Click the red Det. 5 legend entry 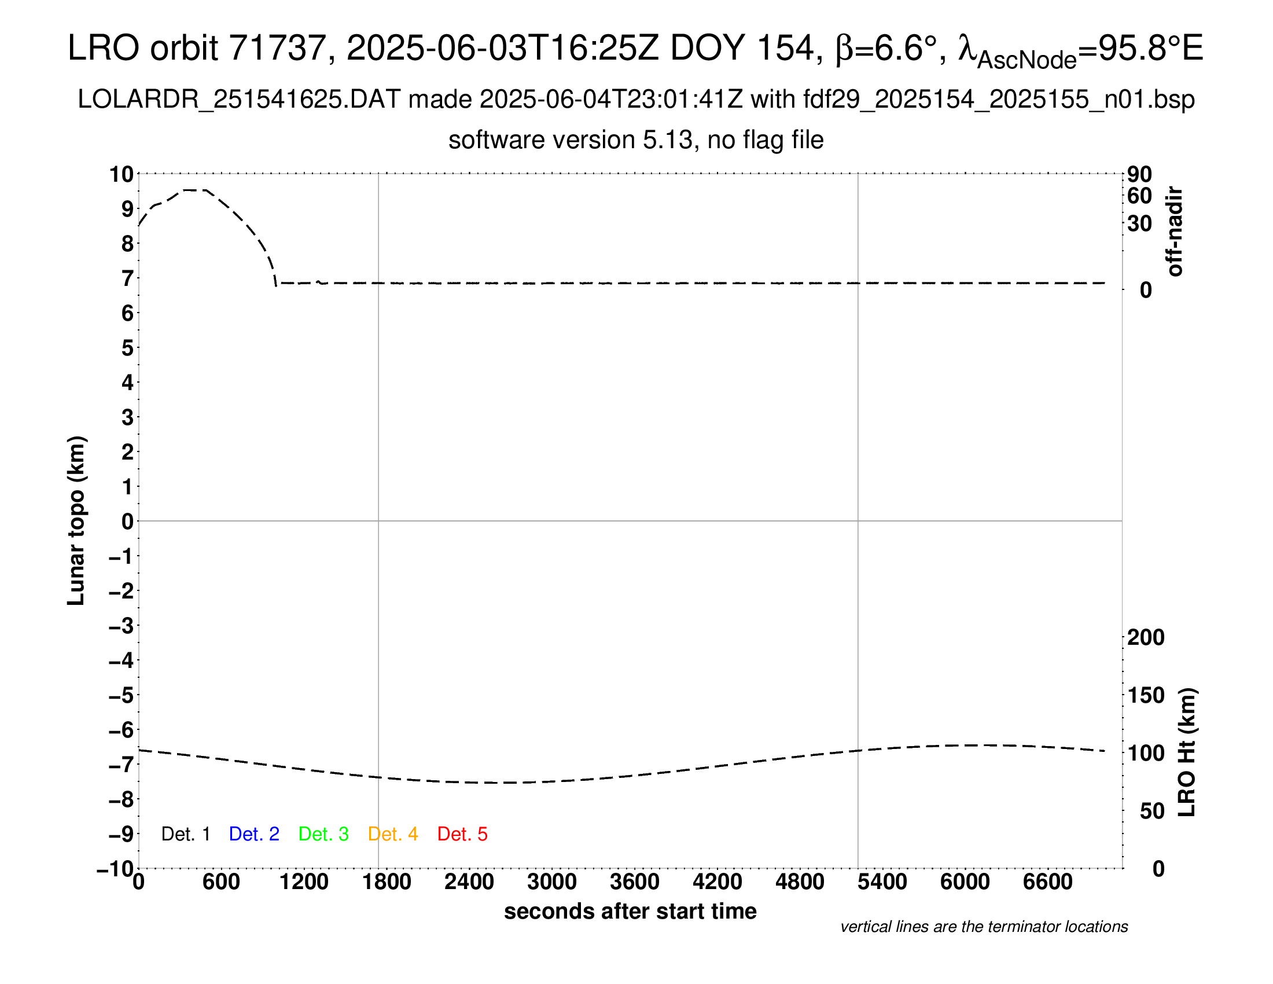(x=462, y=834)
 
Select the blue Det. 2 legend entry (x=254, y=834)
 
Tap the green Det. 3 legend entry (x=323, y=834)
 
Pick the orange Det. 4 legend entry (x=393, y=834)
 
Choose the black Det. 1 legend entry (x=185, y=834)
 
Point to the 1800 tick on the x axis (x=387, y=882)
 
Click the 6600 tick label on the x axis (x=1047, y=882)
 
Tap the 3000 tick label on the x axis (x=551, y=882)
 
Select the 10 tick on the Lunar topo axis (x=122, y=174)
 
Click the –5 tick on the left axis (x=121, y=695)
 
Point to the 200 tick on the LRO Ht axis (x=1146, y=637)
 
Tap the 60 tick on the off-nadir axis (x=1139, y=196)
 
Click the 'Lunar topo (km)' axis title (x=76, y=520)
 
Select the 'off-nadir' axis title (x=1175, y=232)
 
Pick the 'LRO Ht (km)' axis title (x=1187, y=752)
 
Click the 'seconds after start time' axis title (x=630, y=911)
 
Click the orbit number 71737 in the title (x=277, y=48)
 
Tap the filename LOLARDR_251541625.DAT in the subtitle (x=239, y=100)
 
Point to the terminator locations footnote (x=984, y=927)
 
